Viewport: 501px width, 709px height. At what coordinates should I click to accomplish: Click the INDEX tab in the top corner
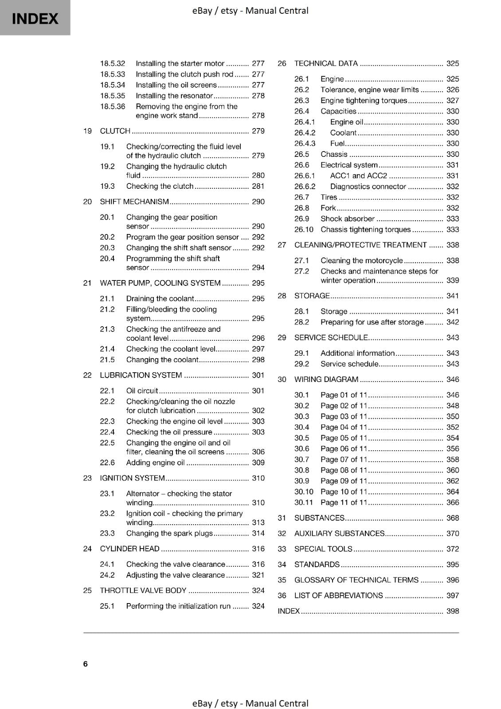pyautogui.click(x=35, y=18)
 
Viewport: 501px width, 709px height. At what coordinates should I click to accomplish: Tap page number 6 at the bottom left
pyautogui.click(x=85, y=664)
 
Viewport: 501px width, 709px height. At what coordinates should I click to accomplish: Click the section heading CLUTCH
pyautogui.click(x=115, y=131)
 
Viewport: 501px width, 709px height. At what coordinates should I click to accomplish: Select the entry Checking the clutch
pyautogui.click(x=160, y=186)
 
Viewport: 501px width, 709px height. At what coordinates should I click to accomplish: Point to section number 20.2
pyautogui.click(x=107, y=237)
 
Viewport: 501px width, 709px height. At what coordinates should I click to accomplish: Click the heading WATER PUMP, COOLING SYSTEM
pyautogui.click(x=160, y=283)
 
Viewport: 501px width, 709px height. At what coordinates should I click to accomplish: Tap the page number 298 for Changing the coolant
pyautogui.click(x=258, y=360)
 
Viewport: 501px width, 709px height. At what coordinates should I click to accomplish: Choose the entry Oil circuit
pyautogui.click(x=142, y=391)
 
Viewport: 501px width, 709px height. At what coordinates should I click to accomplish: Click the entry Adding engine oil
pyautogui.click(x=155, y=463)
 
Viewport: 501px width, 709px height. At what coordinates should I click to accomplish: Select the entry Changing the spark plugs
pyautogui.click(x=169, y=534)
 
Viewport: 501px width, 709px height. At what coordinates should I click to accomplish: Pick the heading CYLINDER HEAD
pyautogui.click(x=129, y=549)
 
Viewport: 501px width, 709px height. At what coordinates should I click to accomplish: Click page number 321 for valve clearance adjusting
pyautogui.click(x=258, y=575)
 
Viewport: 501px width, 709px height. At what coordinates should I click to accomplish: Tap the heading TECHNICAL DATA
pyautogui.click(x=326, y=63)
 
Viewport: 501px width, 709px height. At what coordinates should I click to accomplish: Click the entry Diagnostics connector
pyautogui.click(x=368, y=187)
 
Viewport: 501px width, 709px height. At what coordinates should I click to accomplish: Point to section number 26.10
pyautogui.click(x=304, y=230)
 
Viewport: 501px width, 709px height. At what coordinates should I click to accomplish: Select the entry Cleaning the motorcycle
pyautogui.click(x=361, y=261)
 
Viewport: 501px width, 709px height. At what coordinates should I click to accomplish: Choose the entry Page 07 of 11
pyautogui.click(x=344, y=460)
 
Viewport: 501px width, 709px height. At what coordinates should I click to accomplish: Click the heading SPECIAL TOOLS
pyautogui.click(x=323, y=549)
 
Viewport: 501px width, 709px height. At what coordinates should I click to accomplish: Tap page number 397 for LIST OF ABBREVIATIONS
pyautogui.click(x=453, y=596)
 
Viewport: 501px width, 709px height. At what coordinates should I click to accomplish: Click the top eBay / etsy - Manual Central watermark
pyautogui.click(x=250, y=11)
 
